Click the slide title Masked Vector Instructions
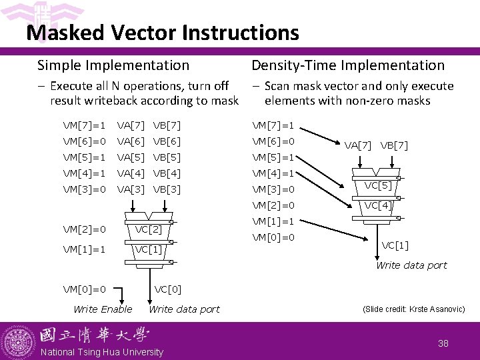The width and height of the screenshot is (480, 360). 163,32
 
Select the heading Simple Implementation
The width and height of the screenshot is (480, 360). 113,65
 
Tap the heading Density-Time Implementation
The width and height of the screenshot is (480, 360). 347,65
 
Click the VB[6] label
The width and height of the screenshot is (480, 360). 167,141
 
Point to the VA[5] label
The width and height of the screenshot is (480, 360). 131,157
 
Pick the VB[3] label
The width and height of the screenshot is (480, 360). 167,189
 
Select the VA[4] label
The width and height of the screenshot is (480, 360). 131,173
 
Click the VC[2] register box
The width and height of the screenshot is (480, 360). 149,229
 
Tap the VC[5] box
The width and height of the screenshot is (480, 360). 378,186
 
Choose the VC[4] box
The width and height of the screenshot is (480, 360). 378,205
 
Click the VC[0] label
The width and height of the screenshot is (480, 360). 167,289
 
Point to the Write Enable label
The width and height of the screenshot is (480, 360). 103,309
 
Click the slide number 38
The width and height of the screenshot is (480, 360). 443,343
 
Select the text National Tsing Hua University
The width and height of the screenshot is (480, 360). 102,352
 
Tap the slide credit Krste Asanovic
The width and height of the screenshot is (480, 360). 413,309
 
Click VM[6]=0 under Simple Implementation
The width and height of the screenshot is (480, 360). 85,141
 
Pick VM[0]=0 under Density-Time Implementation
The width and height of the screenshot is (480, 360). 273,237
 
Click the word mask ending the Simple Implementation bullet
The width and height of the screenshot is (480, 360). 224,101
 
